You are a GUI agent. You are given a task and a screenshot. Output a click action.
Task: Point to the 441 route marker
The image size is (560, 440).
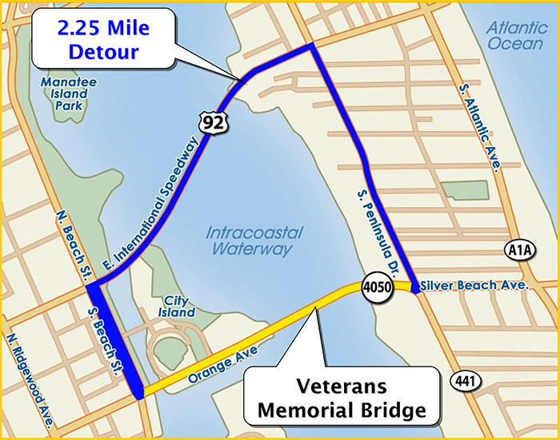pyautogui.click(x=465, y=382)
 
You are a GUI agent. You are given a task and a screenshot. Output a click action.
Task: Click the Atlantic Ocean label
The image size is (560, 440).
pyautogui.click(x=515, y=36)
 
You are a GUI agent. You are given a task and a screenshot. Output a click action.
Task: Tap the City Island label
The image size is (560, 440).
pyautogui.click(x=177, y=307)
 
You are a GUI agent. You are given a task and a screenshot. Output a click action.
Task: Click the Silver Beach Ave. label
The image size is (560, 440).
pyautogui.click(x=474, y=285)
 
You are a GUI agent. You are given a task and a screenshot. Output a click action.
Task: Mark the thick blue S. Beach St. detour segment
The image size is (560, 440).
pyautogui.click(x=115, y=339)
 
